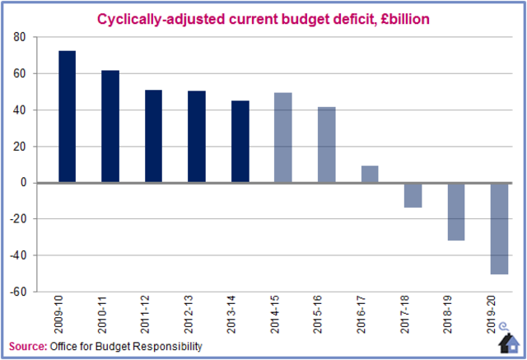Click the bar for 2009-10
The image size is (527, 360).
click(x=67, y=117)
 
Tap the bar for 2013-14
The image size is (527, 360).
click(x=240, y=142)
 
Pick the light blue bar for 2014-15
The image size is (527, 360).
click(x=282, y=138)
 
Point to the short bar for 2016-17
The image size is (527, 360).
click(x=370, y=175)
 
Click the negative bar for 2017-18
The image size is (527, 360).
click(x=413, y=195)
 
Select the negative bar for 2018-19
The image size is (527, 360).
click(x=455, y=212)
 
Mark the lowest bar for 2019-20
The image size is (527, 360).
click(x=498, y=228)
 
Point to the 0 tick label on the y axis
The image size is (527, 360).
click(x=23, y=183)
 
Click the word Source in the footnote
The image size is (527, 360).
click(x=27, y=346)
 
